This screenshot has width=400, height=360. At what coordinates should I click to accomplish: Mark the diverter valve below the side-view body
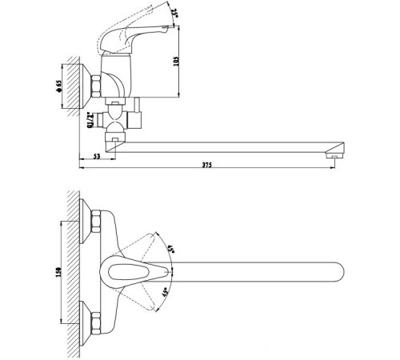point(118,120)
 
